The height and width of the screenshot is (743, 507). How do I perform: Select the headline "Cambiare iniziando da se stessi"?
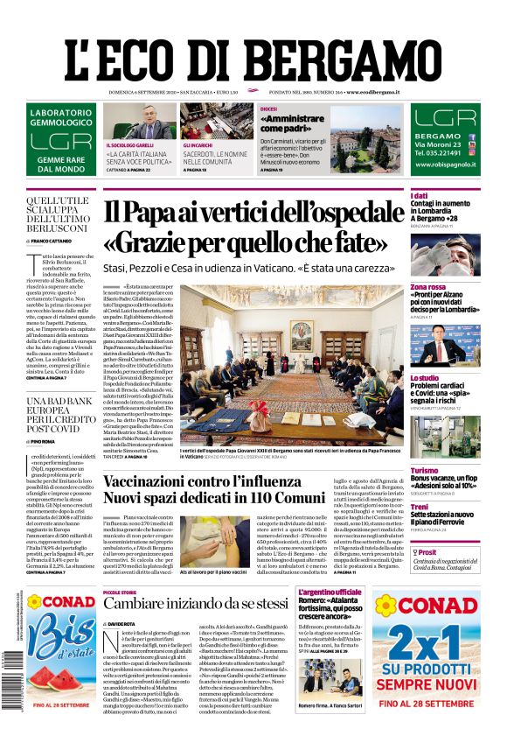(x=210, y=604)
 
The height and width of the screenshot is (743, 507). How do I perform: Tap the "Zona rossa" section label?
(x=428, y=286)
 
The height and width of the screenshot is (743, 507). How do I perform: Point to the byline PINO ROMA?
(x=45, y=442)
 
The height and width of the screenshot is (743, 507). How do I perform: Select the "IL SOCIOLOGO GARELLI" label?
(x=129, y=144)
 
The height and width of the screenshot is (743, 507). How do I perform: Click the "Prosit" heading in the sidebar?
(x=427, y=552)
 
